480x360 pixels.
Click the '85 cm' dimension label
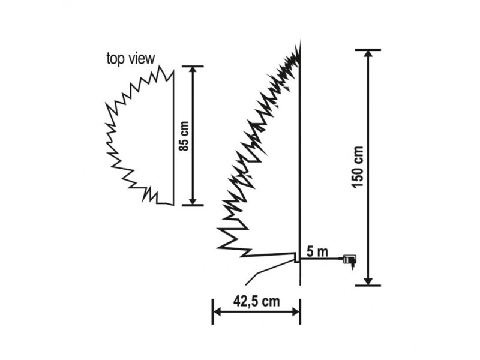pos(184,136)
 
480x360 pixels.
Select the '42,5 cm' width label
pos(257,301)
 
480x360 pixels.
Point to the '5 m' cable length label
pos(317,252)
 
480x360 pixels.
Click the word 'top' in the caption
pos(115,58)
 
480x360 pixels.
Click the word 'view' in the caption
pos(141,58)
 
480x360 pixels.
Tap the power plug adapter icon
pos(350,260)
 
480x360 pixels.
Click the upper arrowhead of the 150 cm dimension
pos(368,54)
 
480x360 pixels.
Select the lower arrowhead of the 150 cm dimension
pos(368,281)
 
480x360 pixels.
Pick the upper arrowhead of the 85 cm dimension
pos(193,70)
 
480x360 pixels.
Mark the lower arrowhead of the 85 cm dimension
pos(193,201)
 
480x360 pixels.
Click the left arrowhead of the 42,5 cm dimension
pos(217,312)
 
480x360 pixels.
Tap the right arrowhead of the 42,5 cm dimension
pos(296,312)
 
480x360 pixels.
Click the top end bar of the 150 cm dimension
pos(368,50)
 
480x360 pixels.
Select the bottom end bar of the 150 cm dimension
pos(368,286)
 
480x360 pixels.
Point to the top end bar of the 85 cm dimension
pos(193,66)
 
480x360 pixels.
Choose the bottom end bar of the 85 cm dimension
pos(193,205)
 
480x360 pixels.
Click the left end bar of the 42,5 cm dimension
pos(213,311)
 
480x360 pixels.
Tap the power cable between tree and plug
pos(322,259)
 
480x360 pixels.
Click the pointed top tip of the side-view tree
pos(301,40)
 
